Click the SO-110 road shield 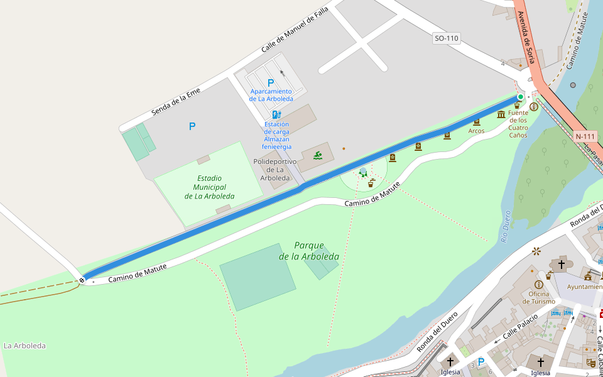click(x=447, y=38)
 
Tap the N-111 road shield click(x=585, y=136)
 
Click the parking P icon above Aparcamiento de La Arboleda click(x=271, y=83)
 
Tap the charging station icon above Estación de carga click(x=276, y=115)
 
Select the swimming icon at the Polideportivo click(x=318, y=155)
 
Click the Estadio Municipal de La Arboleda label click(x=209, y=187)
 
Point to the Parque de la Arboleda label click(x=309, y=251)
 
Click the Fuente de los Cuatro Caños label click(x=518, y=124)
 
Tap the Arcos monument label click(x=476, y=131)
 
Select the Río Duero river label click(x=506, y=226)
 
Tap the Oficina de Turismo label click(x=539, y=297)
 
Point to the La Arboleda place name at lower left click(x=24, y=346)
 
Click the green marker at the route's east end click(x=520, y=96)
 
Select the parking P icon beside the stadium click(x=192, y=126)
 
